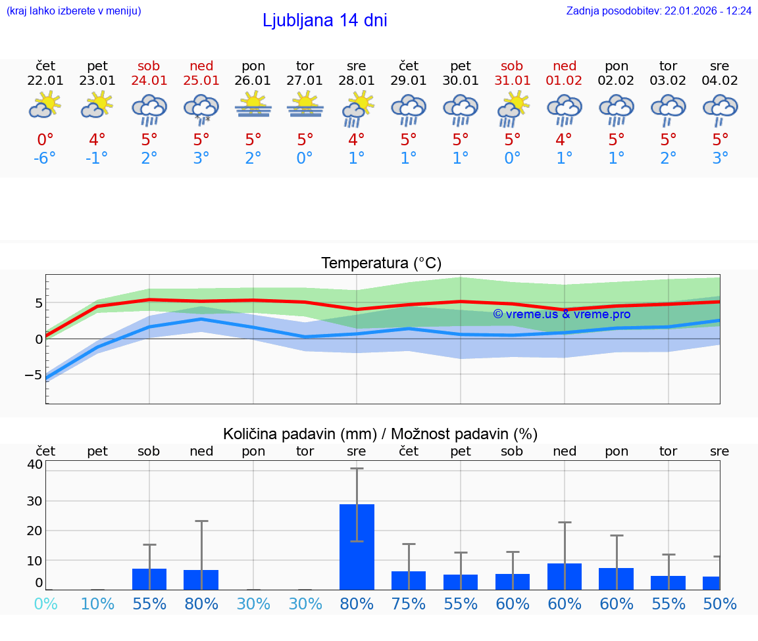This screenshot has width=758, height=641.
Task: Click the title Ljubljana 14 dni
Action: click(324, 20)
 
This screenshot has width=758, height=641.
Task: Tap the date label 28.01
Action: click(357, 80)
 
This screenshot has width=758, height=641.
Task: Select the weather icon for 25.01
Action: click(201, 108)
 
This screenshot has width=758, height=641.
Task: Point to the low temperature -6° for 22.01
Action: click(45, 158)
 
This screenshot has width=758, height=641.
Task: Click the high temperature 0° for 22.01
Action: click(45, 140)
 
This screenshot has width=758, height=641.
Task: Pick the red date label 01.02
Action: click(565, 80)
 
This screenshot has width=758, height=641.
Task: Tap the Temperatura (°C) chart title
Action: click(381, 264)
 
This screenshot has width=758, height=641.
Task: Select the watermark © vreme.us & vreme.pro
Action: click(561, 314)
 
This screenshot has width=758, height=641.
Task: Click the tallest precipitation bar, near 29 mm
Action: click(357, 547)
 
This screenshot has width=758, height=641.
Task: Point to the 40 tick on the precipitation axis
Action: click(34, 464)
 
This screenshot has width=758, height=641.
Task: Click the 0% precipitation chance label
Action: click(45, 604)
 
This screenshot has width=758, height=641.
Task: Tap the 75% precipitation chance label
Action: click(409, 604)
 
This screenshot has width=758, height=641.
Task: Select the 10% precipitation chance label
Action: click(97, 604)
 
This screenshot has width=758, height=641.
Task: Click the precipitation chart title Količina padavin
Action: click(380, 434)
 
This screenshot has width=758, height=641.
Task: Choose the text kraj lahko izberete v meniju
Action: click(73, 11)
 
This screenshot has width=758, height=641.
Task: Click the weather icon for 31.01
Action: click(513, 108)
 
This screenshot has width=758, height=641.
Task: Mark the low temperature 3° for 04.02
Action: click(720, 158)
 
